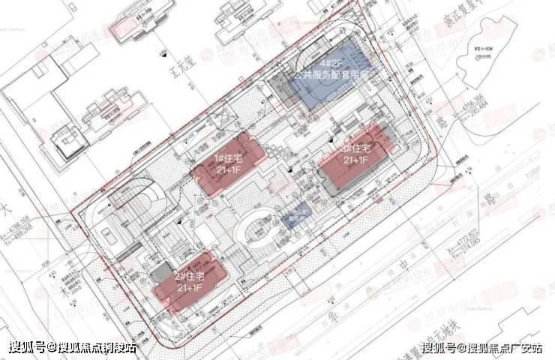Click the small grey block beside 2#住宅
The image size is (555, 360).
click(160, 274)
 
